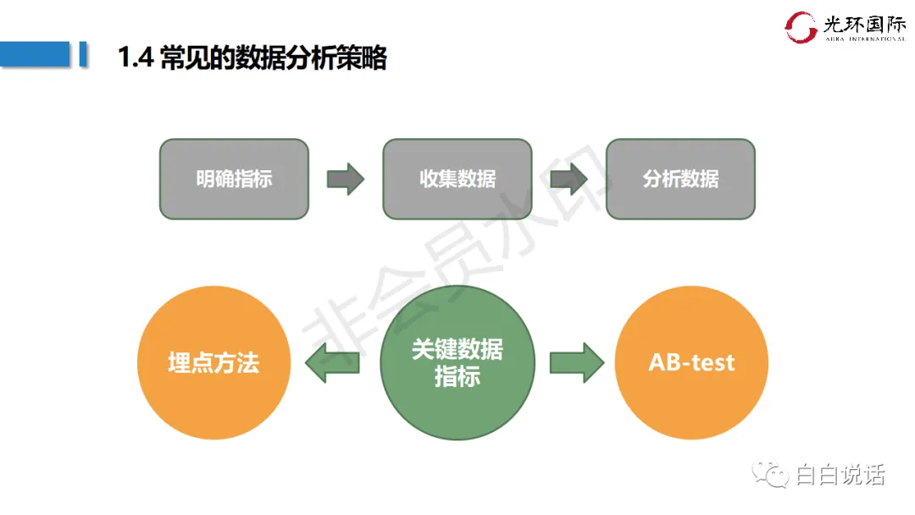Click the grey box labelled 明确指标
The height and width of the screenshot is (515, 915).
pos(234,179)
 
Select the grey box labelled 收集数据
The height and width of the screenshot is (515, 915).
pos(457,179)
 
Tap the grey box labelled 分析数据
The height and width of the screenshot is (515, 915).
pos(680,179)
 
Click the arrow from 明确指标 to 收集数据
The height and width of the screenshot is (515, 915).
pos(345,179)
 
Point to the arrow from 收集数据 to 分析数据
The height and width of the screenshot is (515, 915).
pos(568,179)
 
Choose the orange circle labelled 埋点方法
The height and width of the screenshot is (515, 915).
pos(213,363)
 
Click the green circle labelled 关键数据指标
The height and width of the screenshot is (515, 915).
pos(457,363)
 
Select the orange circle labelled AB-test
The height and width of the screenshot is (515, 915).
pos(691,363)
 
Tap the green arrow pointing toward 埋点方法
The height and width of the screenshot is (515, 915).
pos(331,363)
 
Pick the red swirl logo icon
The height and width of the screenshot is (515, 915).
pos(801,27)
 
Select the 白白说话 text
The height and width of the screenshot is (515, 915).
pos(840,475)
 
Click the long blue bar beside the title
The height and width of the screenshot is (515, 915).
pos(35,53)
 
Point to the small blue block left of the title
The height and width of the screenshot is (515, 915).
pos(83,53)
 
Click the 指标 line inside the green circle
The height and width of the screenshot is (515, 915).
pos(457,377)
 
